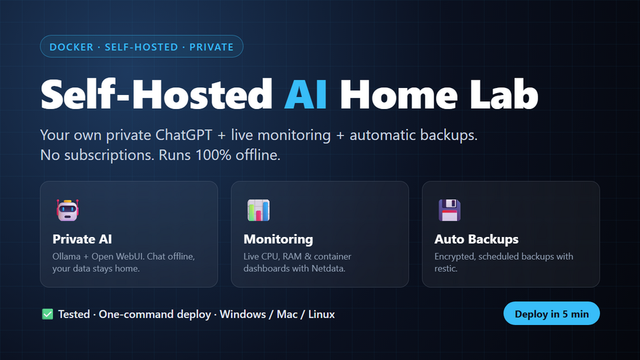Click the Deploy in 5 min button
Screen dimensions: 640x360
551,313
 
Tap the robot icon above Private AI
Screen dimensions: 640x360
68,210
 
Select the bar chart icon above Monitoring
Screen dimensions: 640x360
259,210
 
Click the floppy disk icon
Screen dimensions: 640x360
450,210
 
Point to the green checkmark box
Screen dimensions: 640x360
47,314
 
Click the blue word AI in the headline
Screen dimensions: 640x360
305,95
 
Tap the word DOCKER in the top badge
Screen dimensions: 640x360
71,47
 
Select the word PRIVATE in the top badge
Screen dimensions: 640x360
211,47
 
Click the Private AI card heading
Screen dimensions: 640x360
82,239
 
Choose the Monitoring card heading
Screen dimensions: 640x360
278,239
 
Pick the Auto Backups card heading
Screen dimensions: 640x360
476,239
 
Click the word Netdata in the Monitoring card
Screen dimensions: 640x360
329,269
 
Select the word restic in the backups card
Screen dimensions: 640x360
446,269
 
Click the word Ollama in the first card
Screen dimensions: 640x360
66,256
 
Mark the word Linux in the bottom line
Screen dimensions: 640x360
321,314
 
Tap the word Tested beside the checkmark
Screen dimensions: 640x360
74,314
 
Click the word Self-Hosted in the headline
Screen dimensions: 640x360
156,95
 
